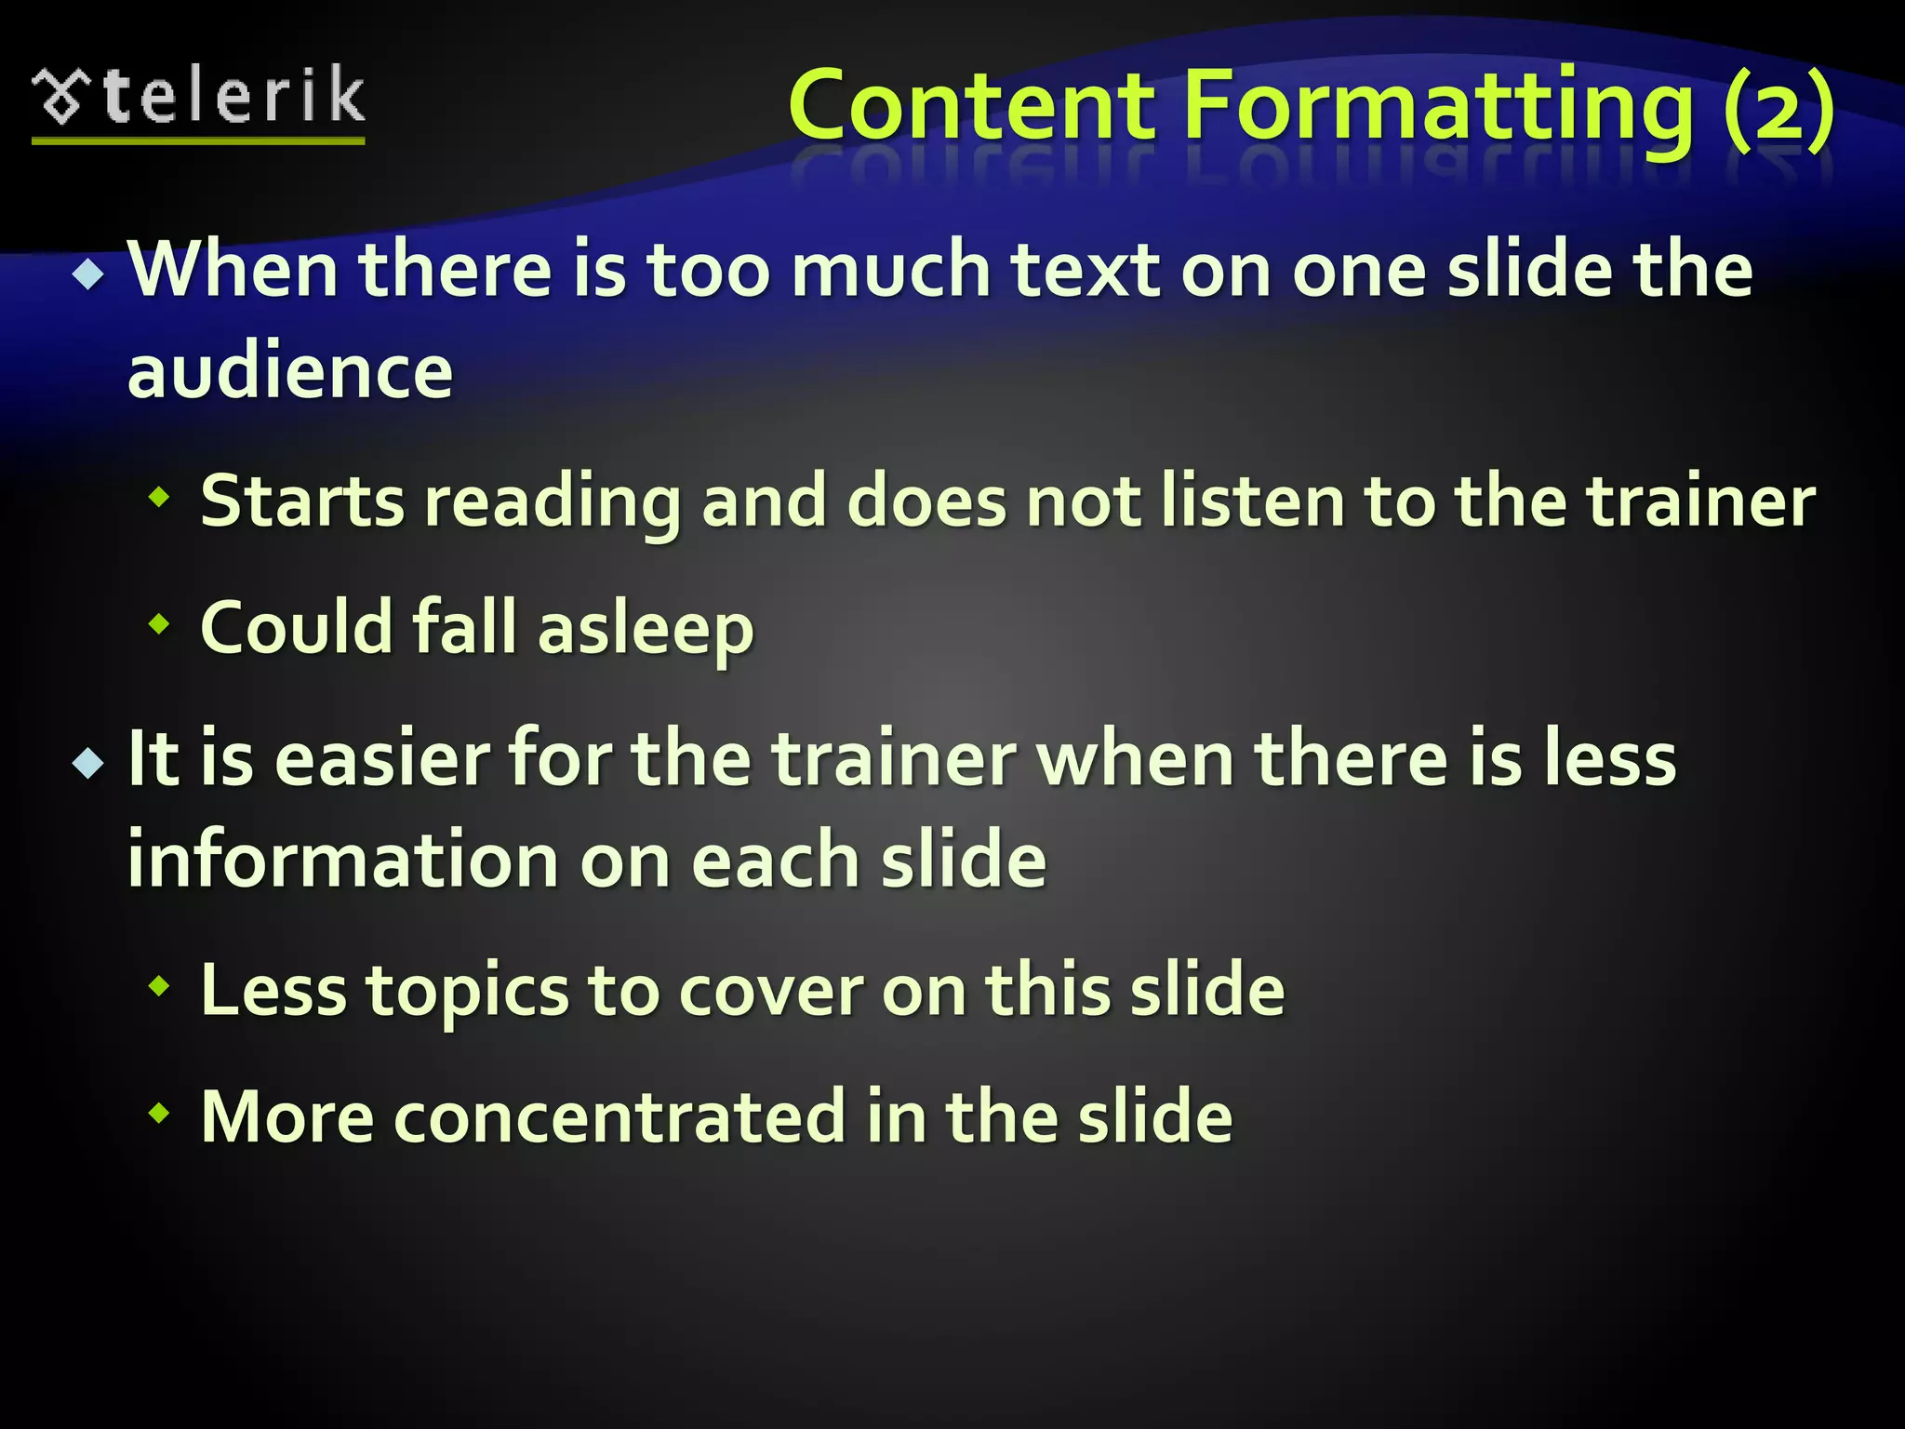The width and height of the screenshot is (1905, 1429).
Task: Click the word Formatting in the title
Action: [1438, 106]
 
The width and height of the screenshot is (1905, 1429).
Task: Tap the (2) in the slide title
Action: [1777, 106]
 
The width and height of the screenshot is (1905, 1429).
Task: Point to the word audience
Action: [290, 372]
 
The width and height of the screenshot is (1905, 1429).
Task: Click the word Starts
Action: [302, 501]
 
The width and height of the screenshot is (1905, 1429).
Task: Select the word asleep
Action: [646, 629]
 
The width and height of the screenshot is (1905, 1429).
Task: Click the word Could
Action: [296, 627]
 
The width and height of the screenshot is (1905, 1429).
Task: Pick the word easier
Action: [381, 759]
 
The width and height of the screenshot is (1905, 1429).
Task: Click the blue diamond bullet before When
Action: [89, 274]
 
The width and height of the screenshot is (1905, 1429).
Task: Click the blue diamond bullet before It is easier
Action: [89, 764]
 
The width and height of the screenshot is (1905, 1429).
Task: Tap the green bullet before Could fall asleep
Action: [160, 624]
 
